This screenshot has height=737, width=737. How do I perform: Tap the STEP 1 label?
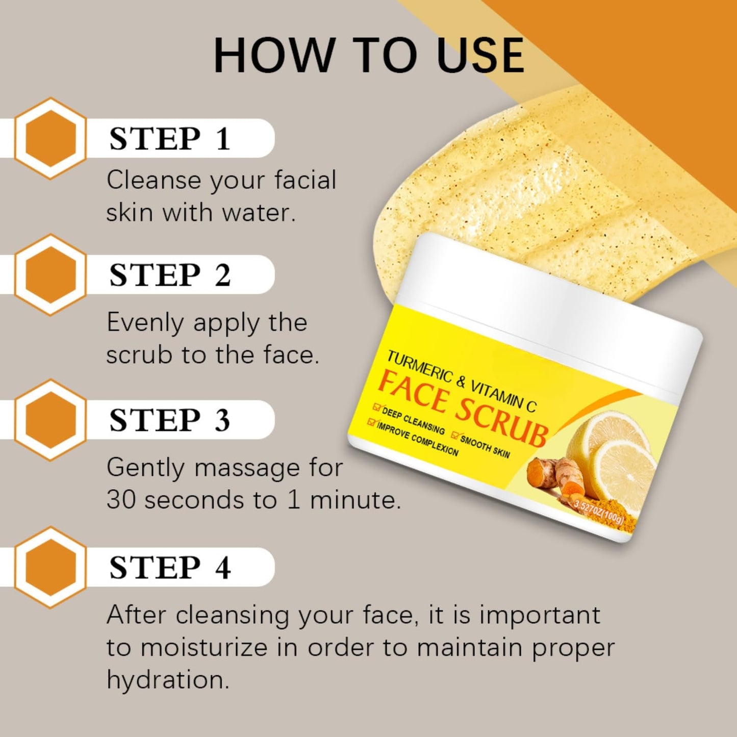click(170, 138)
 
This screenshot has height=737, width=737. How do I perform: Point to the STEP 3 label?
click(170, 420)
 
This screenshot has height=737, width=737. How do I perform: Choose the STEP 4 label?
click(170, 567)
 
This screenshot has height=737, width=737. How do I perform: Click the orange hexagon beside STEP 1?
click(50, 138)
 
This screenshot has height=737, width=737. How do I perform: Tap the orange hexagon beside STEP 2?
click(50, 274)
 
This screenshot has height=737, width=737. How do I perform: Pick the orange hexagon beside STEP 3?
click(50, 420)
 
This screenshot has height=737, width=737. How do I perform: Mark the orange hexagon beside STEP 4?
click(50, 567)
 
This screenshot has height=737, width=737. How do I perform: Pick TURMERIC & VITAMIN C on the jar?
click(462, 382)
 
